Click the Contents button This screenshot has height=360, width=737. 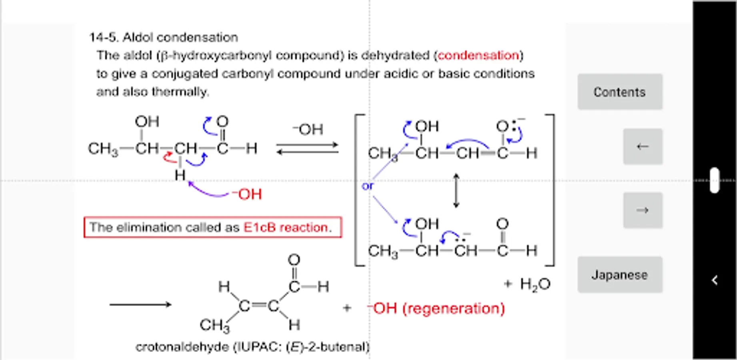coord(619,92)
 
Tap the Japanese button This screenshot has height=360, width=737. coord(619,275)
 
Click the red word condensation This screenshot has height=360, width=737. coord(478,55)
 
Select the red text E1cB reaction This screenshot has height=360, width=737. coord(287,227)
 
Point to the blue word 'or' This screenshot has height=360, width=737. coord(367,186)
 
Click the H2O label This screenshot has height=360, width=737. coord(535,284)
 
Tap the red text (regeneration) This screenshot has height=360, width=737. coord(453,308)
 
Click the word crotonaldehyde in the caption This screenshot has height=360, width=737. coord(182,346)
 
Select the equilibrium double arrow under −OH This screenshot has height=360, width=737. coord(307,148)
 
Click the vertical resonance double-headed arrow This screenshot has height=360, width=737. coord(456,190)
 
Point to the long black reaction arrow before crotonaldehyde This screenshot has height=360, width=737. coord(140,305)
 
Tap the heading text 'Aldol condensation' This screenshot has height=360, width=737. coord(180,37)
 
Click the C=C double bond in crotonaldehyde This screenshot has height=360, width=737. coord(259,306)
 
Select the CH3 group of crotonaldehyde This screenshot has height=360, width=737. coord(215,325)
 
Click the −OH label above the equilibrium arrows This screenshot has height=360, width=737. coord(308,129)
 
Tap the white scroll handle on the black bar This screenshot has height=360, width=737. coord(715,180)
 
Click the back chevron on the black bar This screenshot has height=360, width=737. coord(715,280)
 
